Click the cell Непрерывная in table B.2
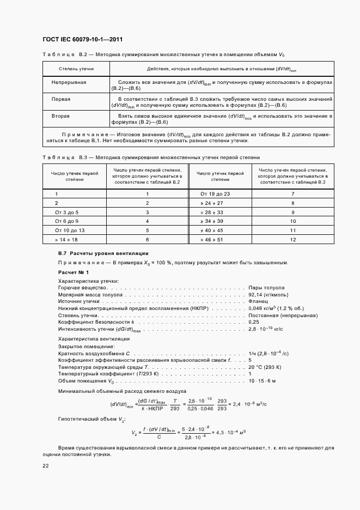point(69,82)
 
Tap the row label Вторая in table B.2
point(60,116)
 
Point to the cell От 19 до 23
point(216,193)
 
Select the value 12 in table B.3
point(293,240)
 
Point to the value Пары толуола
point(266,288)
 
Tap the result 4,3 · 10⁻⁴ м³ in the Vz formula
point(231,432)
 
